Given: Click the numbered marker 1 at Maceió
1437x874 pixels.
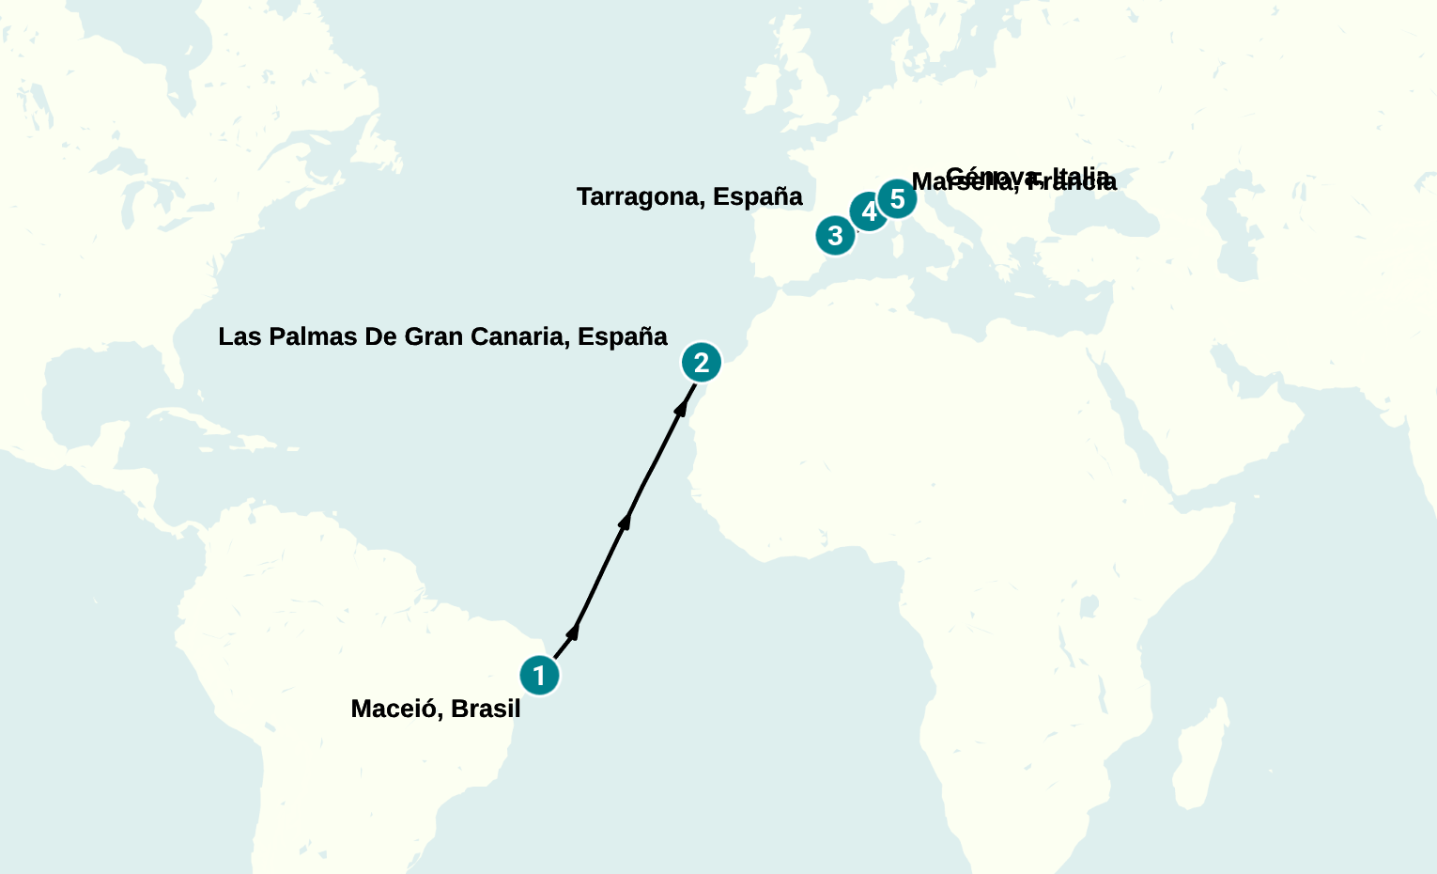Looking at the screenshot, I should tap(539, 675).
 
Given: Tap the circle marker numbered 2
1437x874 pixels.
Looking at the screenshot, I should tap(702, 362).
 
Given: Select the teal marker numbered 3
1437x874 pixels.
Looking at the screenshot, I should tap(835, 235).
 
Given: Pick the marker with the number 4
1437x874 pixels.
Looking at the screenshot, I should tap(869, 211).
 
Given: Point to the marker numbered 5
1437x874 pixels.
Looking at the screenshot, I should tap(897, 199).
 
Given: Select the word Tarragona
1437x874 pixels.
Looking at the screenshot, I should tap(641, 196).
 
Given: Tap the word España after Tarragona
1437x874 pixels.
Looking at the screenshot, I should tap(757, 196).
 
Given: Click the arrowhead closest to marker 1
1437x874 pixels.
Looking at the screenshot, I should tap(574, 631).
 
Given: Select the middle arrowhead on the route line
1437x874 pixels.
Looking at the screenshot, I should tap(626, 520).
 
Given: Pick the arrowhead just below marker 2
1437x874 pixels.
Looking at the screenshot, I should tap(682, 407).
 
